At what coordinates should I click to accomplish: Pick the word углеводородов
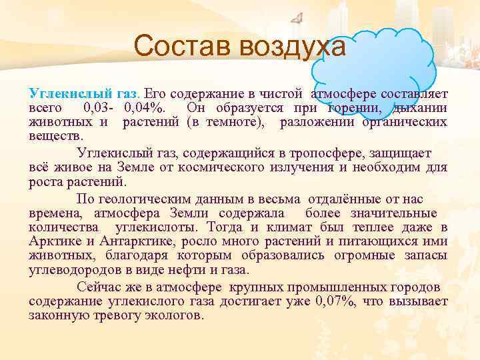click(74, 270)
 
